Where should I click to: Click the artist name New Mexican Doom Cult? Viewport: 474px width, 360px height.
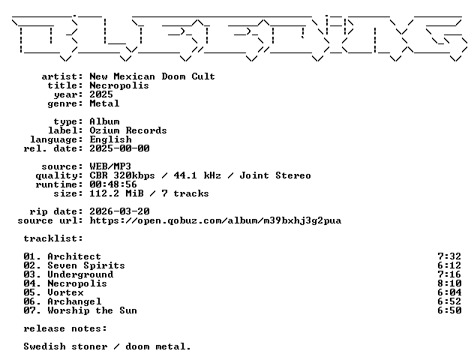152,76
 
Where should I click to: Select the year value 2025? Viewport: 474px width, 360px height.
101,94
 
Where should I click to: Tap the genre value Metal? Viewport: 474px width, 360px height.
104,103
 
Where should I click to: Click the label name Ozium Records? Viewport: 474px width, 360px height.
127,130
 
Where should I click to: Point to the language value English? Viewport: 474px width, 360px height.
110,139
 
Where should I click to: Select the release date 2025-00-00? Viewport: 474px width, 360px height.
119,148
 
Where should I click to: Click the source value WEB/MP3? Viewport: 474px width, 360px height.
110,166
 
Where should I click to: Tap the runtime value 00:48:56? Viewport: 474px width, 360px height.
113,184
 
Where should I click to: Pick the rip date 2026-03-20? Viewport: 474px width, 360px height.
119,211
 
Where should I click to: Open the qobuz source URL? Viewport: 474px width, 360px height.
215,220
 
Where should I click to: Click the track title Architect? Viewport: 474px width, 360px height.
74,256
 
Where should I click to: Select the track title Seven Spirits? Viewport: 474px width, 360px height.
86,265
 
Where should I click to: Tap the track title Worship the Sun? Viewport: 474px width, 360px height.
92,310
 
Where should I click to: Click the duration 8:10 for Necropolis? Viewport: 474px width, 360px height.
449,283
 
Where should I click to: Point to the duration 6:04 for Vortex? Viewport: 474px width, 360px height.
449,292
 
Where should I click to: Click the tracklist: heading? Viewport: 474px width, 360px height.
53,238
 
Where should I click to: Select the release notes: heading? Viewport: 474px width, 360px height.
65,328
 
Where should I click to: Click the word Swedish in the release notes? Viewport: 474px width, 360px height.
44,346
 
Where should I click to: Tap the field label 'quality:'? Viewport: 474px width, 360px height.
59,175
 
